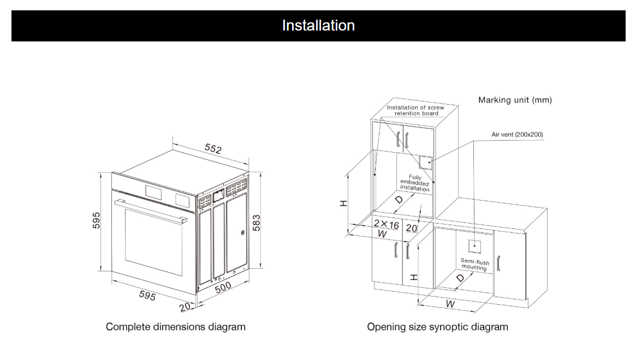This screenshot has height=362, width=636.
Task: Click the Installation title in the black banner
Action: pos(318,26)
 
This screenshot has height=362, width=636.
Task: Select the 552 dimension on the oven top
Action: pos(213,149)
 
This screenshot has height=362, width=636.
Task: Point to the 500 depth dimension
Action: pos(223,287)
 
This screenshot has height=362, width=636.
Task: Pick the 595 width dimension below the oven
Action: pos(147,295)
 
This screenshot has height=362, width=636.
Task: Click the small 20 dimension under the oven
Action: pos(185,307)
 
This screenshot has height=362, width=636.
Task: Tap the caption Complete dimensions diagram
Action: pos(175,327)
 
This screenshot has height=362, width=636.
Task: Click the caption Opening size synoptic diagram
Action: pos(437,327)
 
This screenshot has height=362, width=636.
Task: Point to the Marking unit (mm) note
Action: pos(515,100)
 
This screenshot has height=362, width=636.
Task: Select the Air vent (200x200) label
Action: pos(517,134)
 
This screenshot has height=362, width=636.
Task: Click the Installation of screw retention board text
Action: pos(416,110)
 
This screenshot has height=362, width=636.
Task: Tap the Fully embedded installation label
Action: pos(415,183)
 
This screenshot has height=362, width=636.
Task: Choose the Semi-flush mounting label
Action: pos(474,264)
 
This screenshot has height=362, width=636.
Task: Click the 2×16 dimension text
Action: pos(386,225)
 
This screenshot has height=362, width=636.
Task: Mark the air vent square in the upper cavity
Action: pos(426,162)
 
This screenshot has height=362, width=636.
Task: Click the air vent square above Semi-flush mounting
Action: pos(474,245)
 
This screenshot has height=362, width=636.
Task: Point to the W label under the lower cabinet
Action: pos(450,304)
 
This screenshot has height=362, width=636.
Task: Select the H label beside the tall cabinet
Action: pos(343,203)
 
